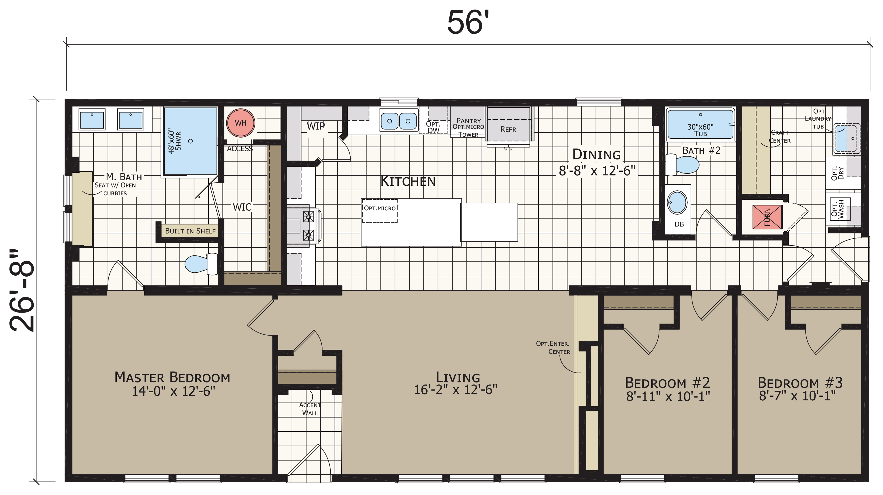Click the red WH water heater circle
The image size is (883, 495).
coord(241,123)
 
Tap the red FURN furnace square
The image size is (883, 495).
coord(767,217)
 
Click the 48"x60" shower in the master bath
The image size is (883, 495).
coord(190,141)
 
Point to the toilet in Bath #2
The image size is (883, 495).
coord(682,165)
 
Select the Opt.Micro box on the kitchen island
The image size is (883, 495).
coord(379,211)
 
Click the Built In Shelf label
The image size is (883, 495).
coord(190,231)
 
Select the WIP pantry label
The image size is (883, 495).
coord(316,126)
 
